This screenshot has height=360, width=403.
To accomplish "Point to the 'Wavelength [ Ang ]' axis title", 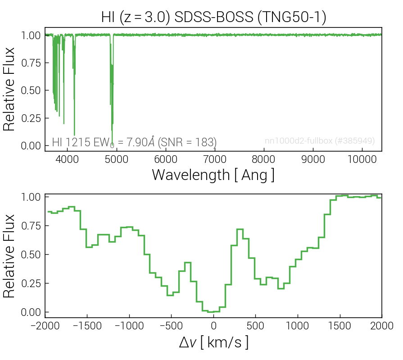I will click(x=213, y=174).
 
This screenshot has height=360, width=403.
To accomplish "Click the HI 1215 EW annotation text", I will click(x=134, y=142).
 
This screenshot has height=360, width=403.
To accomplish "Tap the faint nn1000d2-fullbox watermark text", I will click(x=320, y=141).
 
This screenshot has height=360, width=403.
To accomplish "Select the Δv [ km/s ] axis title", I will click(x=213, y=343).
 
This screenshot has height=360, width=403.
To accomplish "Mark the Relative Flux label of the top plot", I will click(x=9, y=90).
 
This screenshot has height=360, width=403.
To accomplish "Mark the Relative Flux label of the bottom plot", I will click(x=9, y=255).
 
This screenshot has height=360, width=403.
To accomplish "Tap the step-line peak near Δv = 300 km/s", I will click(x=240, y=229).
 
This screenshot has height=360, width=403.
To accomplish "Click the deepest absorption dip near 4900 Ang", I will click(x=112, y=143).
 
